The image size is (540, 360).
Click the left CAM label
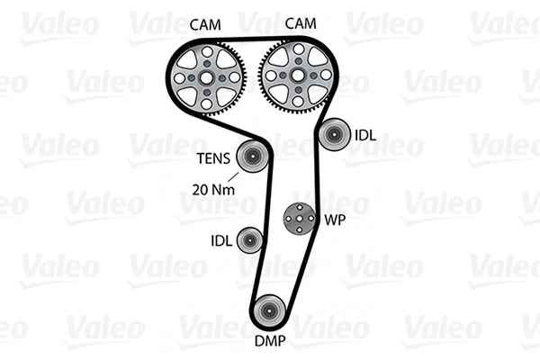[x=205, y=25]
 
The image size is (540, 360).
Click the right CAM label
[x=301, y=23]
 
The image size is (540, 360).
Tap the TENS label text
[x=213, y=158]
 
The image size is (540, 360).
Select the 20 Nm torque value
[x=213, y=190]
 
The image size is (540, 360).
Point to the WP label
[x=335, y=220]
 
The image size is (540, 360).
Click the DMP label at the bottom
[x=270, y=341]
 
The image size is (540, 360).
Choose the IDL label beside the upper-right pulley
[x=365, y=135]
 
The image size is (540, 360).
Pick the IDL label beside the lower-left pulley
[x=221, y=240]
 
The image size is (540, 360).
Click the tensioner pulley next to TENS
[x=252, y=157]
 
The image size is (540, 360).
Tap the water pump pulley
[x=300, y=219]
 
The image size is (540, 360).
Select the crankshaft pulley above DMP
[x=268, y=311]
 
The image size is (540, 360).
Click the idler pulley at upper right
[x=333, y=135]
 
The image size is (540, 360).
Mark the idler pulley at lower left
[x=250, y=240]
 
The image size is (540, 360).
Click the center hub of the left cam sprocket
[x=206, y=78]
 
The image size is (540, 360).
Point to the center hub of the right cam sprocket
[x=298, y=75]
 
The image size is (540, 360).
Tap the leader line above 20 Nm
[x=233, y=176]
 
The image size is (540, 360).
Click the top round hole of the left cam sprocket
[x=207, y=52]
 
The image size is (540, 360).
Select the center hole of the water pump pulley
[x=300, y=219]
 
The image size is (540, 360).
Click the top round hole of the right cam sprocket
[x=299, y=49]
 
